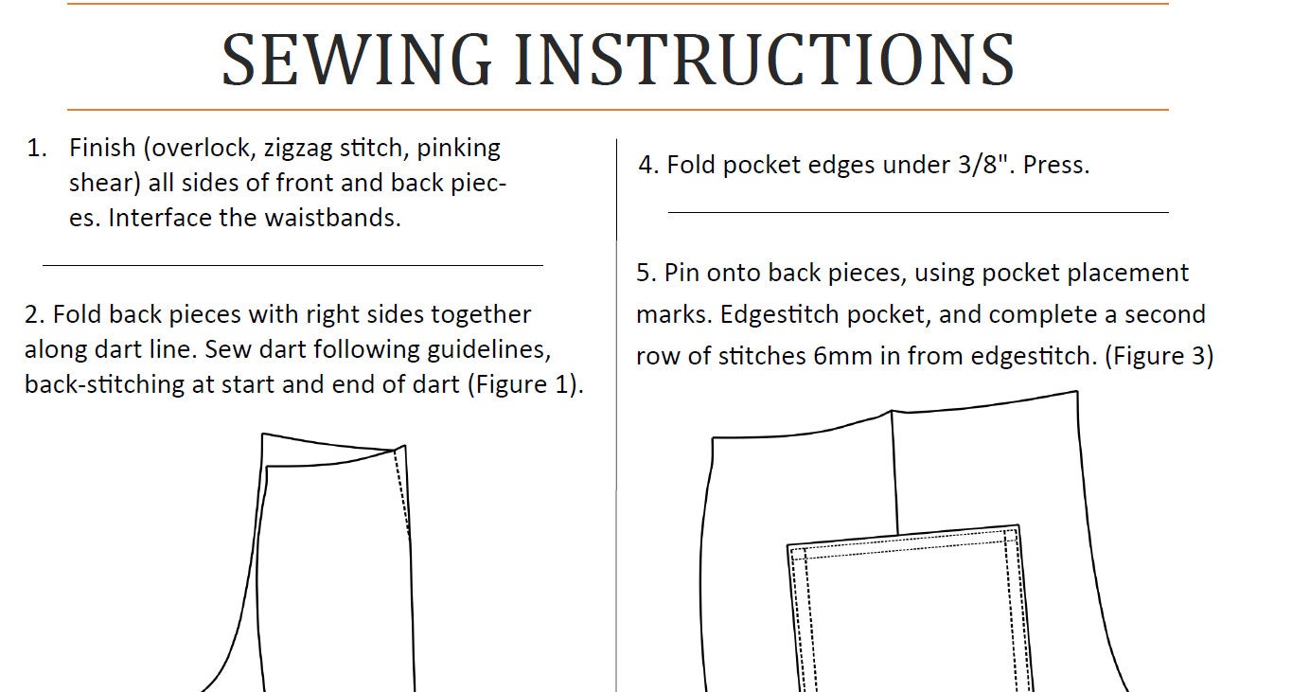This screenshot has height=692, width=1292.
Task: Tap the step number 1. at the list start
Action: pyautogui.click(x=37, y=148)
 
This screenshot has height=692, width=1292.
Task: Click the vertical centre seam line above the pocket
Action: pyautogui.click(x=895, y=473)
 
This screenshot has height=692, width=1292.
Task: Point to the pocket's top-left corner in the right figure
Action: pyautogui.click(x=789, y=546)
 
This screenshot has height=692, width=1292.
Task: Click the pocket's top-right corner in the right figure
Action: pyautogui.click(x=1018, y=527)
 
